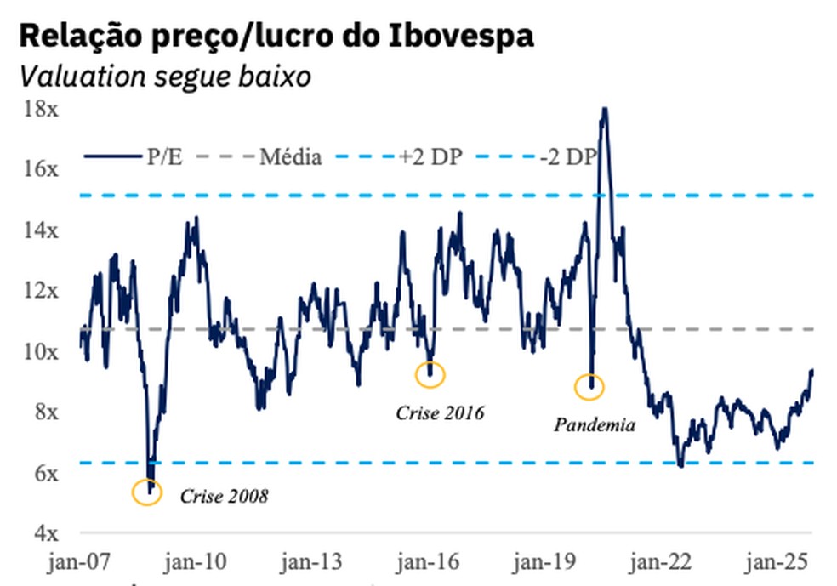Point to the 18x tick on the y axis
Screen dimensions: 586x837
point(42,108)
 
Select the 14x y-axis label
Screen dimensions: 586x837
point(42,230)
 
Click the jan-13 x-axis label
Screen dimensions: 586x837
point(312,562)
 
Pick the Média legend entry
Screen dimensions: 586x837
point(290,156)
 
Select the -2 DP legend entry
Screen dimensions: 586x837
point(569,156)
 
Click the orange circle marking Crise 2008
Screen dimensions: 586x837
point(147,492)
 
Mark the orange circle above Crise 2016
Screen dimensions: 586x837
point(430,373)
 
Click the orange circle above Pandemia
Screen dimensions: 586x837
point(589,387)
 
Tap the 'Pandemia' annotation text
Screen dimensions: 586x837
point(595,424)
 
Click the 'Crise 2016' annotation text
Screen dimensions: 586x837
point(440,413)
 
